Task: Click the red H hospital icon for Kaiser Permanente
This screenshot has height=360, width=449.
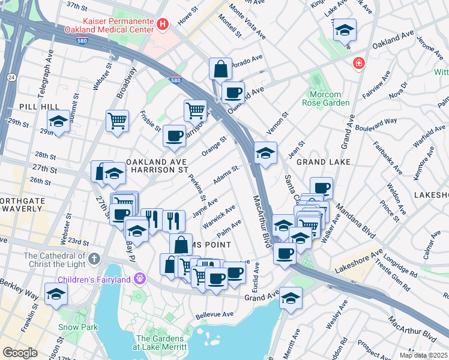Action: pyautogui.click(x=162, y=24)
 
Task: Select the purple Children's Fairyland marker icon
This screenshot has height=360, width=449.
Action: pyautogui.click(x=140, y=278)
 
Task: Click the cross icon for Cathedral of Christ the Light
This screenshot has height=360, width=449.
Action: pyautogui.click(x=93, y=259)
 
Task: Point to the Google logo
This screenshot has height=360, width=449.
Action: pyautogui.click(x=20, y=353)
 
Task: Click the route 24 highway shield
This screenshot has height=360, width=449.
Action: pyautogui.click(x=11, y=77)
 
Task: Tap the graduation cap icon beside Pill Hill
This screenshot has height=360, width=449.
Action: pyautogui.click(x=58, y=122)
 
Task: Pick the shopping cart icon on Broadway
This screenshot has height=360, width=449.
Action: pyautogui.click(x=117, y=120)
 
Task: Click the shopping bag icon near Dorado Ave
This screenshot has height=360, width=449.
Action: pyautogui.click(x=220, y=68)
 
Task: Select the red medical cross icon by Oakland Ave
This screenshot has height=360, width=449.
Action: pyautogui.click(x=359, y=63)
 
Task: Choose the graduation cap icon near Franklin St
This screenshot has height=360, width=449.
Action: pyautogui.click(x=56, y=294)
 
